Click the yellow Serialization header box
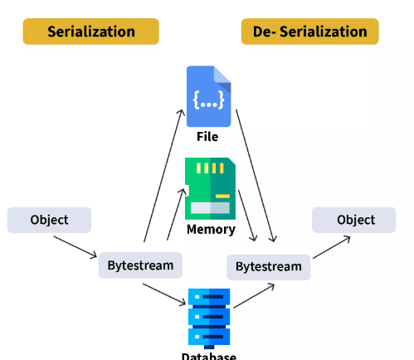[91, 32]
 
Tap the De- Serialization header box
[310, 32]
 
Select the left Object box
[49, 220]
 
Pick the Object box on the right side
[354, 220]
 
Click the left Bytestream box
[140, 265]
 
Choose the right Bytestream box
[269, 267]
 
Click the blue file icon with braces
[209, 96]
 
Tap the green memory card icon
[210, 188]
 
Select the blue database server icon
[209, 319]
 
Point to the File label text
[207, 137]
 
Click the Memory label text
[211, 229]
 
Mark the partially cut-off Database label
[209, 356]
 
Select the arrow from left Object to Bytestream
[75, 247]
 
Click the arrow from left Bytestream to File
[164, 176]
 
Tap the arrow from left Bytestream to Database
[164, 294]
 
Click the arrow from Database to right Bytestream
[254, 295]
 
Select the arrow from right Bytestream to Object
[332, 247]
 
